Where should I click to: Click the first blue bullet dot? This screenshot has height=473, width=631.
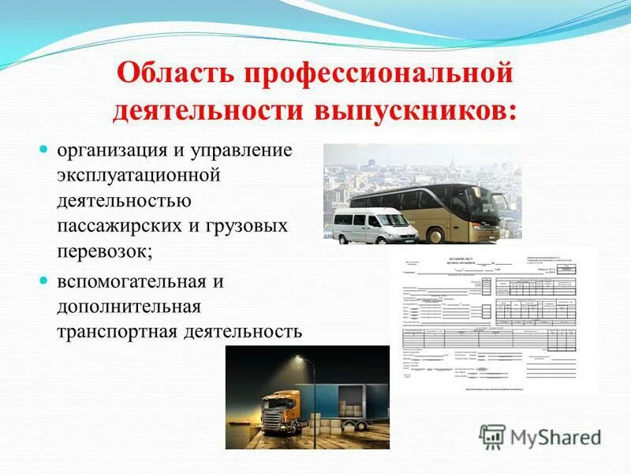44,149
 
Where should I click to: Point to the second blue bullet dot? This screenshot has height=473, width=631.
44,281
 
